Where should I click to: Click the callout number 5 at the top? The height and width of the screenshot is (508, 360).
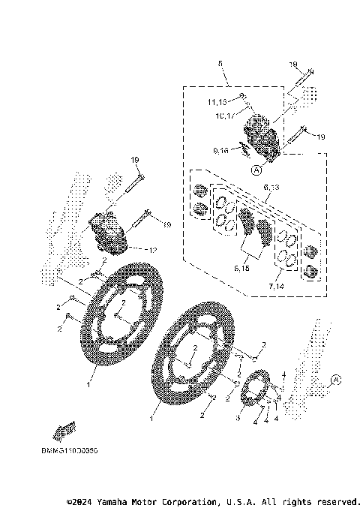pyautogui.click(x=220, y=65)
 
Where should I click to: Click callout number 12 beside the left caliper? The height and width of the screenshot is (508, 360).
pyautogui.click(x=153, y=250)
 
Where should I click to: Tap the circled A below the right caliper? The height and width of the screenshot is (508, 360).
pyautogui.click(x=255, y=170)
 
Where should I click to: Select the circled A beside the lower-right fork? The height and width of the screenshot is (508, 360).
pyautogui.click(x=335, y=380)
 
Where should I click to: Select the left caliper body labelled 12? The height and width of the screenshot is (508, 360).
pyautogui.click(x=109, y=232)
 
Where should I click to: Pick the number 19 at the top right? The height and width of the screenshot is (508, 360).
pyautogui.click(x=293, y=65)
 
